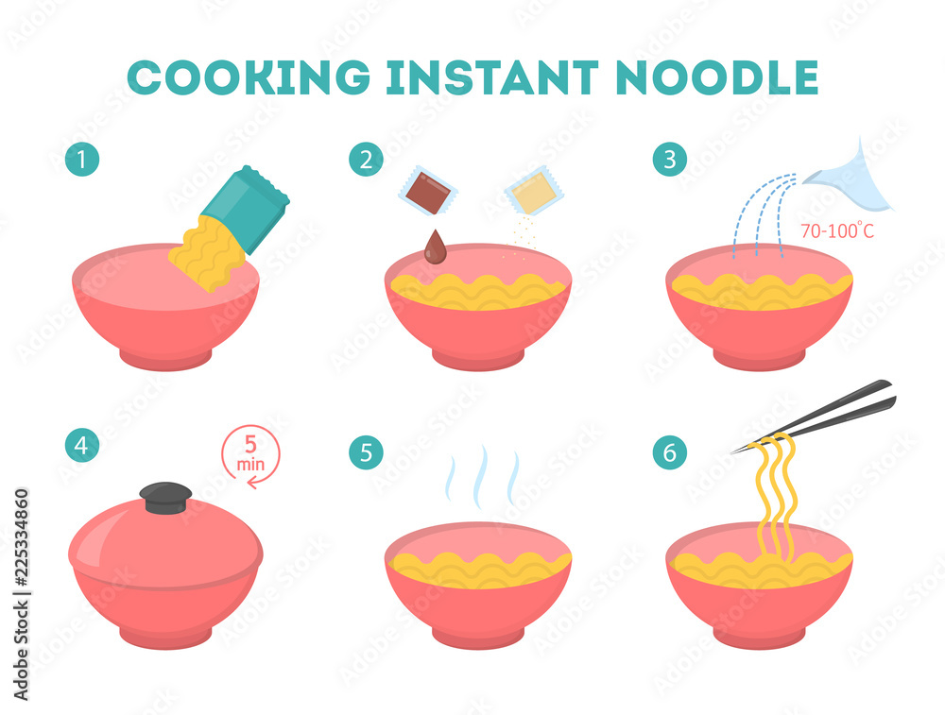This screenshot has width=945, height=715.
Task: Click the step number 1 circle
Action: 82,160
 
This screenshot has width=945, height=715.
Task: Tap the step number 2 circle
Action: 366,160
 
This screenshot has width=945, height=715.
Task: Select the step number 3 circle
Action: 670,160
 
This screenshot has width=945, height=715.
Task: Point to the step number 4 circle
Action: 82,446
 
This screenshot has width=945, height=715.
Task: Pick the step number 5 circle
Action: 366,452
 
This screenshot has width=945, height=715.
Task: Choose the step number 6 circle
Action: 670,452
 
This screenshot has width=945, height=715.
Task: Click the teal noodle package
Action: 246,209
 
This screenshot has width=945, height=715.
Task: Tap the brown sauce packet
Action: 428,191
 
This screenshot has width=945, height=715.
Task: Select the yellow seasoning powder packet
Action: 534,191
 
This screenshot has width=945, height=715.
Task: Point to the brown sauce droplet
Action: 435,247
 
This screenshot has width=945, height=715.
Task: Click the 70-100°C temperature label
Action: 837,230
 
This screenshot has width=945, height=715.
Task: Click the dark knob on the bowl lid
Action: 165,498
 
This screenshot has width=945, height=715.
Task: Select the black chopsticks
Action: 814,416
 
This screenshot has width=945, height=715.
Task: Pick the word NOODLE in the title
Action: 717,77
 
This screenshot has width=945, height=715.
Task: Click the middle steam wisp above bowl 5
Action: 480,478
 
